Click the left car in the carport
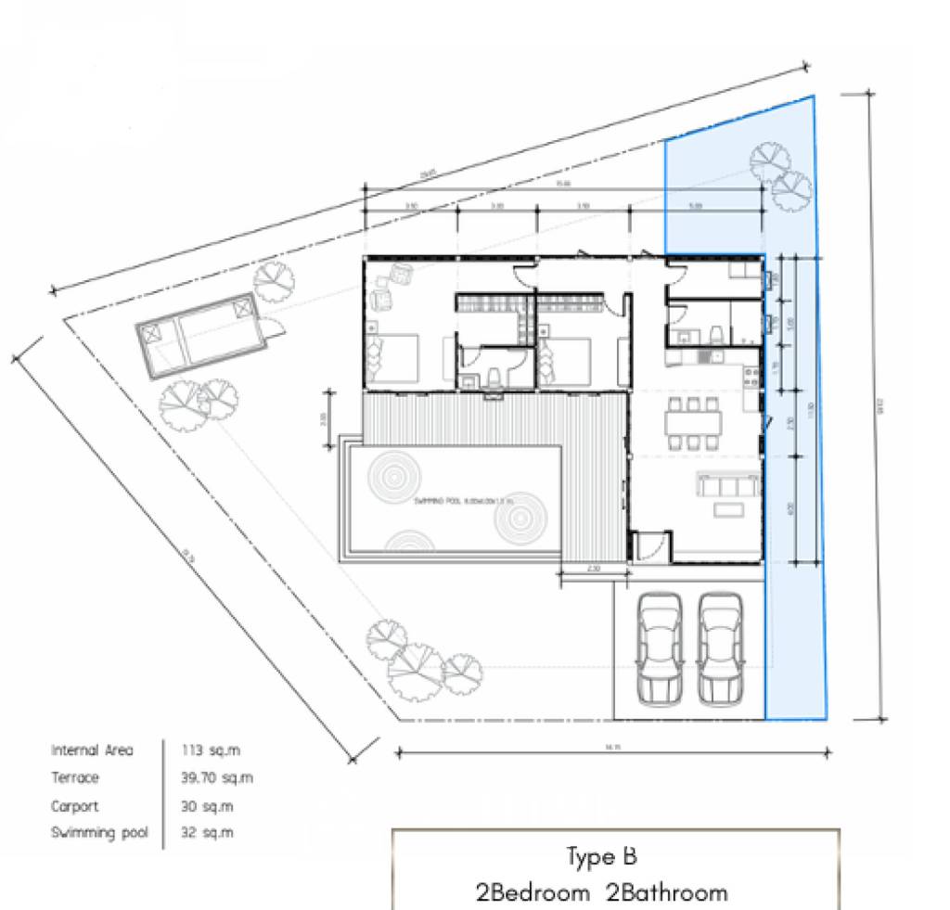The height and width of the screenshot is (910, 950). pyautogui.click(x=660, y=647)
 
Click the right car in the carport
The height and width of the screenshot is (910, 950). pyautogui.click(x=720, y=647)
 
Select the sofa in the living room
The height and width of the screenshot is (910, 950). pyautogui.click(x=728, y=485)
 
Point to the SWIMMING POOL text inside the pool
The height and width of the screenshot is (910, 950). pyautogui.click(x=452, y=501)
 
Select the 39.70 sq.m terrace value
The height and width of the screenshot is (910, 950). pyautogui.click(x=217, y=778)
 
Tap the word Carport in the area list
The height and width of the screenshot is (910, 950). pyautogui.click(x=74, y=806)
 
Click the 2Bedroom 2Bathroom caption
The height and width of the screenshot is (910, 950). pyautogui.click(x=601, y=892)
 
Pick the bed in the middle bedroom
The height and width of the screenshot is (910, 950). pyautogui.click(x=564, y=359)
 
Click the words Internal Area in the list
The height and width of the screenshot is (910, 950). pyautogui.click(x=92, y=750)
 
